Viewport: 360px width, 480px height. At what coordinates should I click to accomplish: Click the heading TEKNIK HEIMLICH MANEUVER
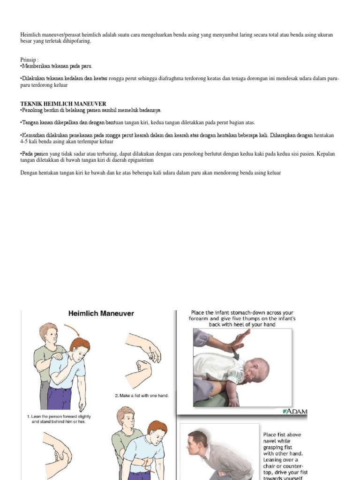click(63, 104)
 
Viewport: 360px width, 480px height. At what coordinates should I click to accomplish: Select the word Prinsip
click(29, 60)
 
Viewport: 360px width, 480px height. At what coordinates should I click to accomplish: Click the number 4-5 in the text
click(25, 141)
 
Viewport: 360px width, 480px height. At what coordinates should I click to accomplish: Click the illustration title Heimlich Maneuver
click(101, 313)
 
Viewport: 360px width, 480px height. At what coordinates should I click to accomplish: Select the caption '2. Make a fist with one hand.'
click(142, 396)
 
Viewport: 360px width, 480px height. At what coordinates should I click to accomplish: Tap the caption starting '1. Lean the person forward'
click(59, 419)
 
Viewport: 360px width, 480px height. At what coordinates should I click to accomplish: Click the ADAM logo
click(295, 412)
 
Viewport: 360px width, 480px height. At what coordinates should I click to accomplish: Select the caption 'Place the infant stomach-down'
click(242, 318)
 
